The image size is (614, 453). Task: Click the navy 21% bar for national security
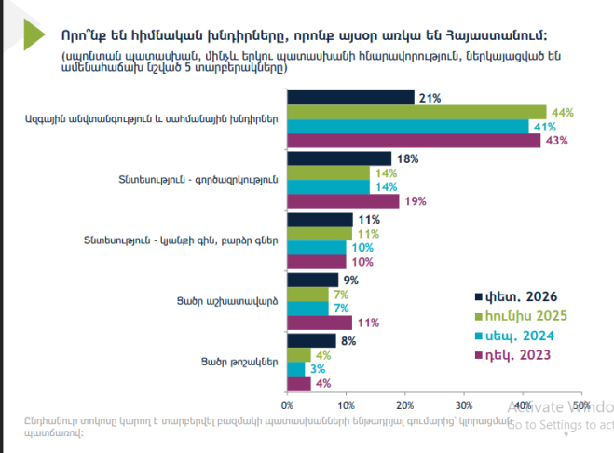350,98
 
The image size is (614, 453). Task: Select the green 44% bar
416,112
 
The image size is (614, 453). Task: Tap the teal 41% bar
407,127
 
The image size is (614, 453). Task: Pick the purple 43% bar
414,141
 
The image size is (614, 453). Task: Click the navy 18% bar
340,158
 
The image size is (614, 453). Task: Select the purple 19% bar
343,201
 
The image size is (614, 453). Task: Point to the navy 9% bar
313,280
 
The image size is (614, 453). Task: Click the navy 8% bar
311,340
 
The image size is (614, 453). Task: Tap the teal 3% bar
296,369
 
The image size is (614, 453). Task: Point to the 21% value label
430,98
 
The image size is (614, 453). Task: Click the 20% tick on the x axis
405,405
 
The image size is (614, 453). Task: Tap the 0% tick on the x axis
287,405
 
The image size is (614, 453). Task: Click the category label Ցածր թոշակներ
239,361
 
